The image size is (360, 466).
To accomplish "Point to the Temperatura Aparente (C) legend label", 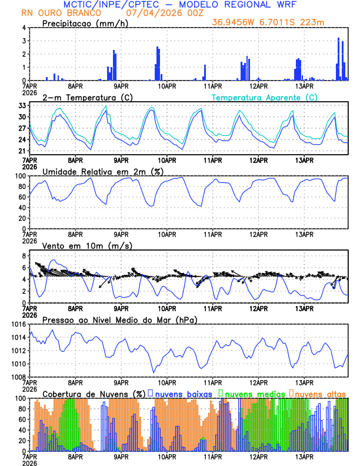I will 265,97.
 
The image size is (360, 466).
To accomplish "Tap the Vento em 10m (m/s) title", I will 87,245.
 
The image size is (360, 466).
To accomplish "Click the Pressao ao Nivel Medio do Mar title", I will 119,319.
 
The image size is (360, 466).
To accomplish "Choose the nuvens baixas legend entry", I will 180,394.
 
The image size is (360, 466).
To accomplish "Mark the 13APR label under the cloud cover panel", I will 304,457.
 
